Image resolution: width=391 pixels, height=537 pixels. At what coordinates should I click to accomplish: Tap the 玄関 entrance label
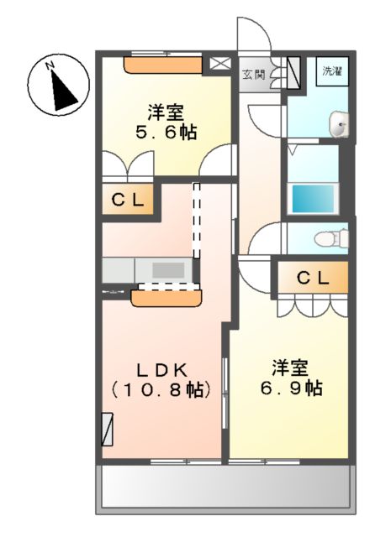[x=253, y=75]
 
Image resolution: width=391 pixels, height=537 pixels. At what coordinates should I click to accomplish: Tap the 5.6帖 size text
[x=166, y=133]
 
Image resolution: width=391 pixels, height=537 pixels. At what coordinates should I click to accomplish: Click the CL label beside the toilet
[x=312, y=278]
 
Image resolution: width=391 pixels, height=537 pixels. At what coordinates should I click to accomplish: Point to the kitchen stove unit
[x=169, y=270]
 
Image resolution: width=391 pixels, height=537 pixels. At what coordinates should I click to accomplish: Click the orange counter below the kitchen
[x=166, y=295]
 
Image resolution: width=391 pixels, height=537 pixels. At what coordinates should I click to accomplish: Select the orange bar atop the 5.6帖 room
[x=163, y=64]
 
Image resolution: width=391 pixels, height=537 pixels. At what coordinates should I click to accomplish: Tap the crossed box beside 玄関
[x=219, y=63]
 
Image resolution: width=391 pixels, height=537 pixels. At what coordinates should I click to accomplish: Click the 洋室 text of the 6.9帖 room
[x=290, y=368]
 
